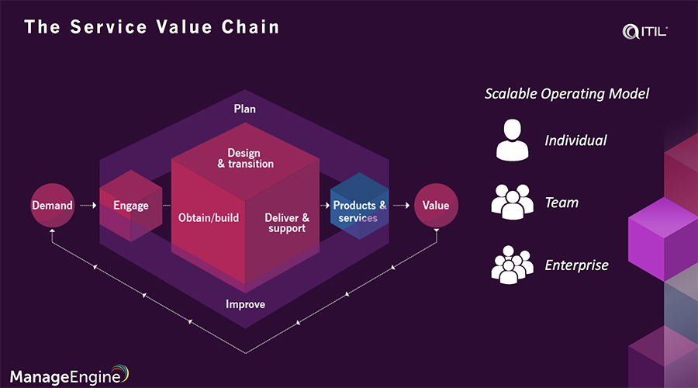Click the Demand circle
pos(52,206)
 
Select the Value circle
pos(436,206)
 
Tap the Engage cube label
pos(130,206)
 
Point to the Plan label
pos(244,109)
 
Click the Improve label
pos(245,304)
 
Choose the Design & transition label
pos(245,158)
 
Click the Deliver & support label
pos(287,223)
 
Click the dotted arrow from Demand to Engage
pos(87,206)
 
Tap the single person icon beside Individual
pos(512,140)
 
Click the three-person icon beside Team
pos(513,203)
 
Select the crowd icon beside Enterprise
pos(513,264)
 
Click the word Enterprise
pos(576,265)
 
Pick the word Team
pos(562,203)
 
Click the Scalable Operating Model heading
pos(567,94)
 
